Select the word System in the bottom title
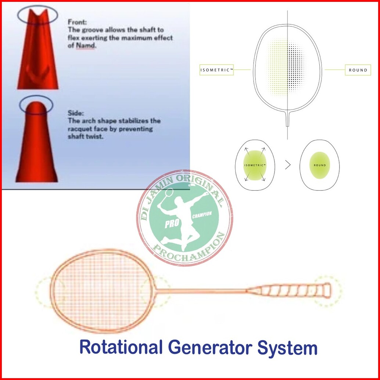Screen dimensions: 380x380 287,347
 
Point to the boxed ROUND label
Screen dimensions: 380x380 358,70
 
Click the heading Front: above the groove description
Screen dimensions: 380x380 77,22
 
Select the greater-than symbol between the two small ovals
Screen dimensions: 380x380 288,165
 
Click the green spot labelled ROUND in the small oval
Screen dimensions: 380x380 319,165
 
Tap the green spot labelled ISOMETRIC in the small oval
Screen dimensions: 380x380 255,165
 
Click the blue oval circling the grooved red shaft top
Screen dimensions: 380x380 37,15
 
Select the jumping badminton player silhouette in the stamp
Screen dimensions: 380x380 182,213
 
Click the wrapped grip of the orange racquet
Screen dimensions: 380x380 290,290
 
